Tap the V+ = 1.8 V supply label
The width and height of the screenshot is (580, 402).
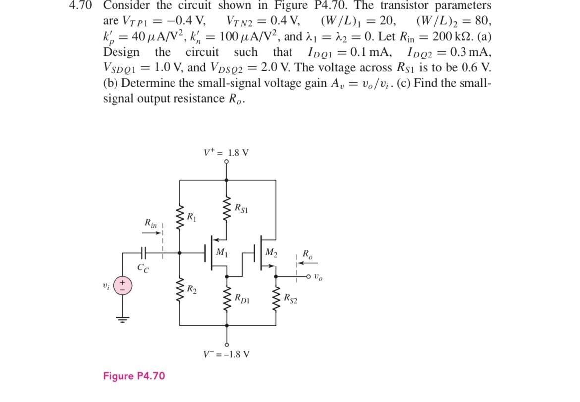click(226, 152)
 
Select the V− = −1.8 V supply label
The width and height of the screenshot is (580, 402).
click(227, 354)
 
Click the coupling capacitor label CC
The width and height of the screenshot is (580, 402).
click(143, 268)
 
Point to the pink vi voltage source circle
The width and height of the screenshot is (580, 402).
click(122, 287)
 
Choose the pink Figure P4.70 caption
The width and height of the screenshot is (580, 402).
click(133, 376)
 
